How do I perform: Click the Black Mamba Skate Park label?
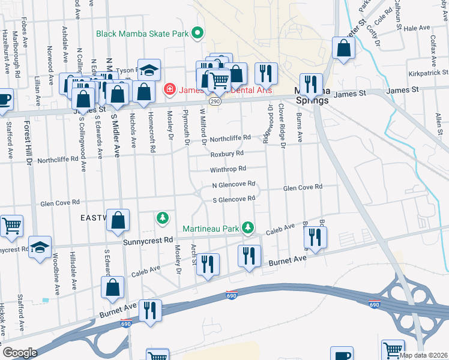point(142,34)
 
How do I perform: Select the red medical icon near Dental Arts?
point(169,90)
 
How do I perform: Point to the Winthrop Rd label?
point(229,169)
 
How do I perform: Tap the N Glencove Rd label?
point(234,185)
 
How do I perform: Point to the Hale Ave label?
point(417,28)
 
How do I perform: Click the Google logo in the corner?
point(19,352)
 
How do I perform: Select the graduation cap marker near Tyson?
point(148,70)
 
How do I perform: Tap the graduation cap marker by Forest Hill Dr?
point(40,248)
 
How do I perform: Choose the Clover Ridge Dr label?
point(282,124)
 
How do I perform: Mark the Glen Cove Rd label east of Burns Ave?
point(303,187)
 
